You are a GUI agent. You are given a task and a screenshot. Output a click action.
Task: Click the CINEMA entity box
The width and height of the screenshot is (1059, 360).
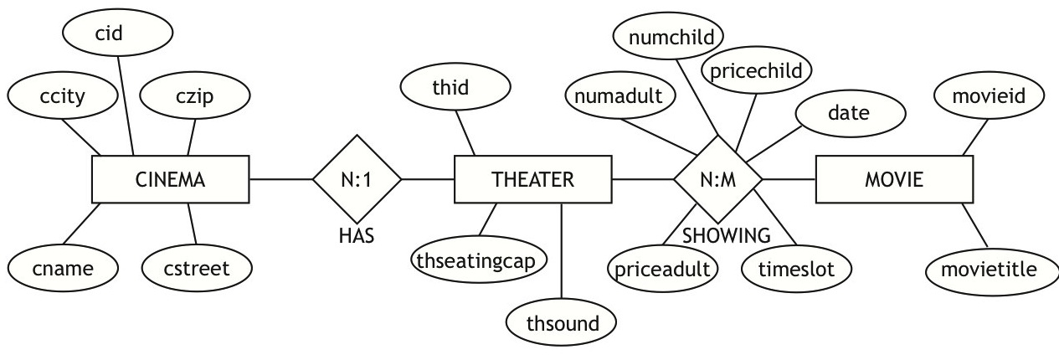click(170, 179)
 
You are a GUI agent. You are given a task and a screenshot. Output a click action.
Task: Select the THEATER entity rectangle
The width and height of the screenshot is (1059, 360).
click(532, 179)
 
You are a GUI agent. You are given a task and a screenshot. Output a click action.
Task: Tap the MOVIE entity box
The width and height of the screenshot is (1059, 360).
click(894, 179)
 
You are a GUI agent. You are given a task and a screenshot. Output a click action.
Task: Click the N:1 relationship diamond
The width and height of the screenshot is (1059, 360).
click(357, 179)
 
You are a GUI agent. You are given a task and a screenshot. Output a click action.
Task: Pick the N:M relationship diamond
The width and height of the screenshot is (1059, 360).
click(717, 179)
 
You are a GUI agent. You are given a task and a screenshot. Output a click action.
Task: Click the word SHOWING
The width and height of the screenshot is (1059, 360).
click(726, 235)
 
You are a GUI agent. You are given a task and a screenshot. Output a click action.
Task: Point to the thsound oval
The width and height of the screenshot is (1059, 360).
click(563, 323)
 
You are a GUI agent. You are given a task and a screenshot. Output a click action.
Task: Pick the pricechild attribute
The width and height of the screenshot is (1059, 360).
click(756, 69)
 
